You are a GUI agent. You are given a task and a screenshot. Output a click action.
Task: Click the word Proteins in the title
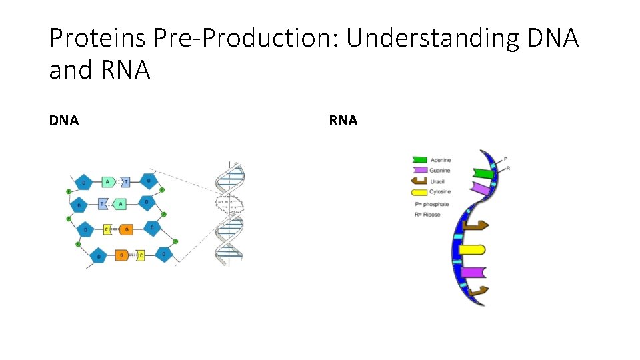pyautogui.click(x=98, y=39)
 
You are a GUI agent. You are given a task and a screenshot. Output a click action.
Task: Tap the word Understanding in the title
pyautogui.click(x=431, y=39)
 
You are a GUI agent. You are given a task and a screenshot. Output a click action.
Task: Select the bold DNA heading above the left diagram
pyautogui.click(x=64, y=121)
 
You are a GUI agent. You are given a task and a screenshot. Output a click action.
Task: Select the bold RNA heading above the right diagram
pyautogui.click(x=343, y=121)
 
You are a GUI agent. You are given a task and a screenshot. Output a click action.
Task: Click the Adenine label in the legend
pyautogui.click(x=441, y=160)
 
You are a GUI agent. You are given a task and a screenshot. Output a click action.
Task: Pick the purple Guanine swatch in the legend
pyautogui.click(x=419, y=171)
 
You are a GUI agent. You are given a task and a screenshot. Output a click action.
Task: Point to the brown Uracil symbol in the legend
pyautogui.click(x=419, y=181)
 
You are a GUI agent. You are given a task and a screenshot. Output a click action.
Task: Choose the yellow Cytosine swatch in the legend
pyautogui.click(x=419, y=192)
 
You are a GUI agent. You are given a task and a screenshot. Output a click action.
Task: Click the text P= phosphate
pyautogui.click(x=431, y=204)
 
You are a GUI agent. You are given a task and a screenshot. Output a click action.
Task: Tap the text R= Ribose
pyautogui.click(x=427, y=215)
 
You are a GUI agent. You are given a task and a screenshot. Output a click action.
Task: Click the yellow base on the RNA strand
pyautogui.click(x=471, y=250)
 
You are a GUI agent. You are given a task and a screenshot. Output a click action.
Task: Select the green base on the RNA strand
pyautogui.click(x=483, y=174)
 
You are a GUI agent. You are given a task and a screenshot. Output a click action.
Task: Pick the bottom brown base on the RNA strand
pyautogui.click(x=477, y=291)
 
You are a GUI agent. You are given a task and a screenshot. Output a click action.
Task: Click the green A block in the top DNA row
pyautogui.click(x=107, y=181)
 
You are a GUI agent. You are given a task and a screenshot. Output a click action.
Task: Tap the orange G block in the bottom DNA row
pyautogui.click(x=121, y=255)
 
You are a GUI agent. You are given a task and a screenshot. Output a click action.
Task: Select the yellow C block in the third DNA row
pyautogui.click(x=107, y=230)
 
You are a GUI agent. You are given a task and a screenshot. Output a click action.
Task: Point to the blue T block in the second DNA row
pyautogui.click(x=103, y=204)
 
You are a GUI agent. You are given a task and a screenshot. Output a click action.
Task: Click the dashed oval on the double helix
pyautogui.click(x=229, y=203)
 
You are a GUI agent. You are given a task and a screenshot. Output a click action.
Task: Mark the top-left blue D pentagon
pyautogui.click(x=83, y=182)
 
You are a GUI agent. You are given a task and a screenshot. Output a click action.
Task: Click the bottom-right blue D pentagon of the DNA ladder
pyautogui.click(x=163, y=254)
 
